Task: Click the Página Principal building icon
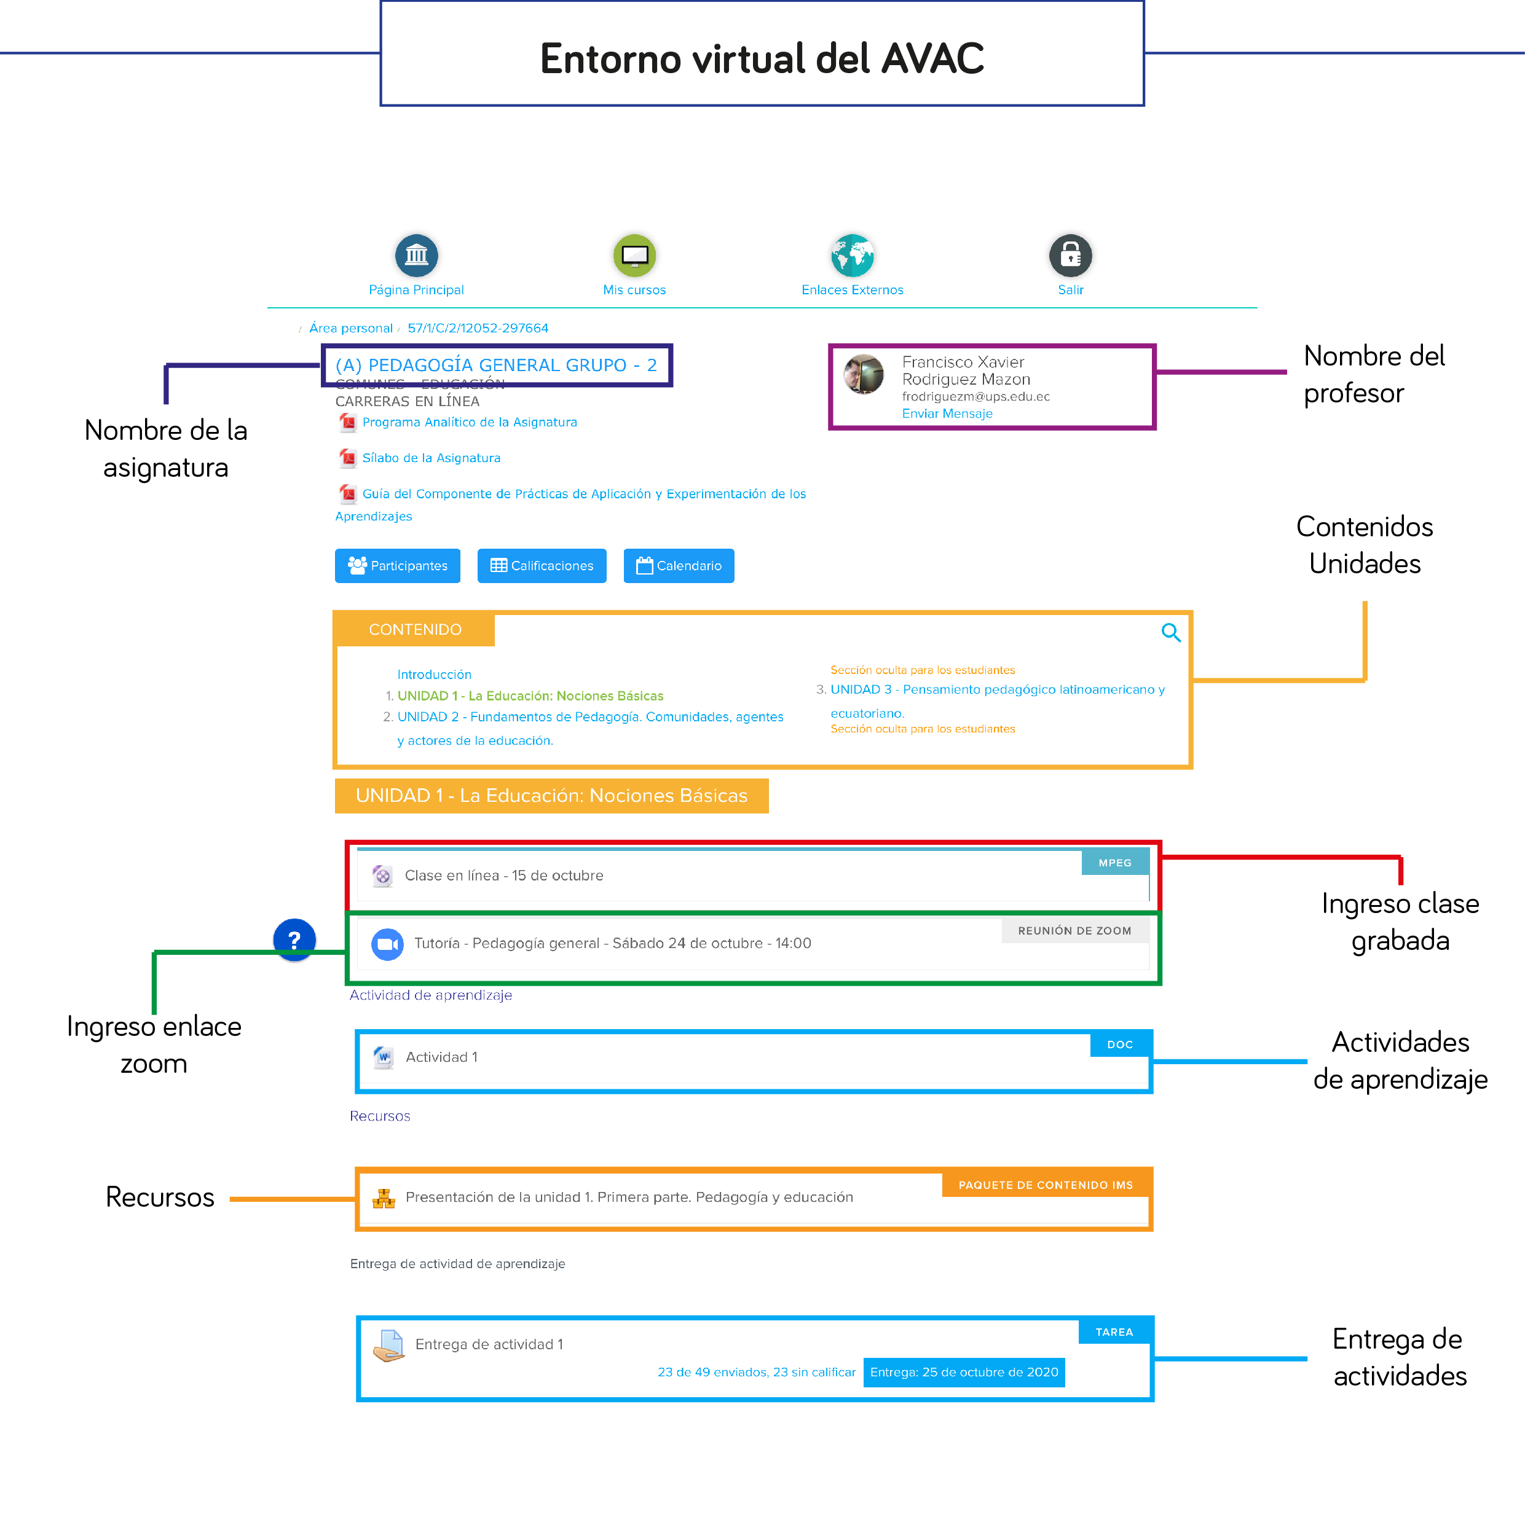[416, 255]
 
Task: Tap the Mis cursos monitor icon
[634, 255]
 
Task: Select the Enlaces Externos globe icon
[852, 255]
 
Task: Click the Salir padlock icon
[1070, 255]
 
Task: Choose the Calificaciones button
[542, 566]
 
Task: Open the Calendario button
[679, 566]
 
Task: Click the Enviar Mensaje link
[947, 414]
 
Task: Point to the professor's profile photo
[863, 374]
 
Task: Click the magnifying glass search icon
[1171, 632]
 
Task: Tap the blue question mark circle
[294, 939]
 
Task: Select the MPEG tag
[1114, 863]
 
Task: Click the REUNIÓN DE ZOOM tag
[1074, 931]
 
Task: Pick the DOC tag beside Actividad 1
[1120, 1045]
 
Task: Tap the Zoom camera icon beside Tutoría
[388, 944]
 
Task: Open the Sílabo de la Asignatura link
[431, 458]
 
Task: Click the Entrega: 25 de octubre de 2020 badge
[964, 1373]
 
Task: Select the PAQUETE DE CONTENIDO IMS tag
[1046, 1185]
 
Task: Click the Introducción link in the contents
[435, 675]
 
